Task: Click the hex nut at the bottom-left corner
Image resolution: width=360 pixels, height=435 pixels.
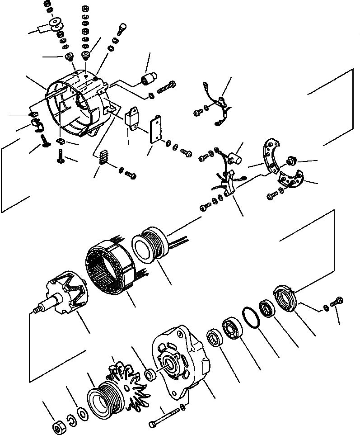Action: point(58,426)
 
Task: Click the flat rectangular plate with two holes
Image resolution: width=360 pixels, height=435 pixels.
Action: point(155,131)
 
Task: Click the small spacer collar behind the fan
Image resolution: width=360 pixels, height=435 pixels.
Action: point(150,375)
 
